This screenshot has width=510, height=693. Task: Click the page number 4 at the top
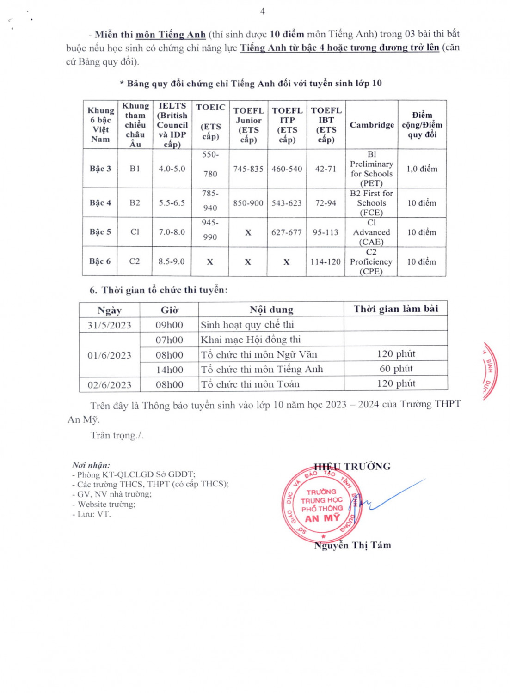click(x=262, y=12)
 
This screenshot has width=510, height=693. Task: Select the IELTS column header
click(x=172, y=124)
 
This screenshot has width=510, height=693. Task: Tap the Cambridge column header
click(x=372, y=125)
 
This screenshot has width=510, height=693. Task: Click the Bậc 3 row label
click(x=100, y=169)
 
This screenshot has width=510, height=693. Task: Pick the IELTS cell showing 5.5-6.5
click(x=172, y=202)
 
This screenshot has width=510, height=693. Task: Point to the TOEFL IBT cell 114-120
click(x=326, y=261)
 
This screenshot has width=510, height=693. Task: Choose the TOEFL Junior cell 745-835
click(x=248, y=169)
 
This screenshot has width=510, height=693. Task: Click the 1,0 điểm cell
click(x=422, y=169)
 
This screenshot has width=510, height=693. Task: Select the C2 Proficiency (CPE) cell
click(x=371, y=261)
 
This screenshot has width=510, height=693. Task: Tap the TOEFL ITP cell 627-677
click(x=287, y=232)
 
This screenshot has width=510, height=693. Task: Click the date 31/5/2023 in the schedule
click(x=110, y=325)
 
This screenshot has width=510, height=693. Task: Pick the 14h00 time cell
click(x=169, y=370)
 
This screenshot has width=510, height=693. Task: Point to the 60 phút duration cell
click(x=396, y=369)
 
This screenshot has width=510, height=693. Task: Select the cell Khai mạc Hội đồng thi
click(x=251, y=340)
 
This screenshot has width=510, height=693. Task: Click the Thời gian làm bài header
click(x=396, y=309)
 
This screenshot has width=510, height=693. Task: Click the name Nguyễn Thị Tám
click(x=352, y=545)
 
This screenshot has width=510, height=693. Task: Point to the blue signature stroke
click(x=398, y=494)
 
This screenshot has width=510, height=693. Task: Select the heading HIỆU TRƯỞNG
click(x=352, y=466)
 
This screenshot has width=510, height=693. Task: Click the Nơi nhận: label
click(x=91, y=465)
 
